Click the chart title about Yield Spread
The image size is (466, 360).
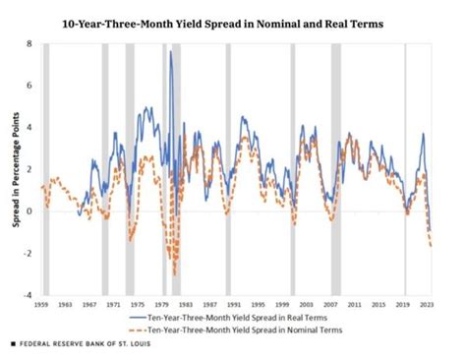pos(234,22)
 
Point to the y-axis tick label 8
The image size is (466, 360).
pos(29,44)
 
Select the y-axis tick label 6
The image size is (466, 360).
pos(29,86)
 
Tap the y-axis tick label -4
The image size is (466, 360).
pos(27,294)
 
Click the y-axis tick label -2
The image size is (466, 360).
pos(27,253)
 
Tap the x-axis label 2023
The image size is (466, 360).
pos(425,306)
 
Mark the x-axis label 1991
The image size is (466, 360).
pos(234,306)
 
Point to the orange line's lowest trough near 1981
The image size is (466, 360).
pos(174,275)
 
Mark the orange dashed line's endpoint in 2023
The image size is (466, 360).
pos(431,246)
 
